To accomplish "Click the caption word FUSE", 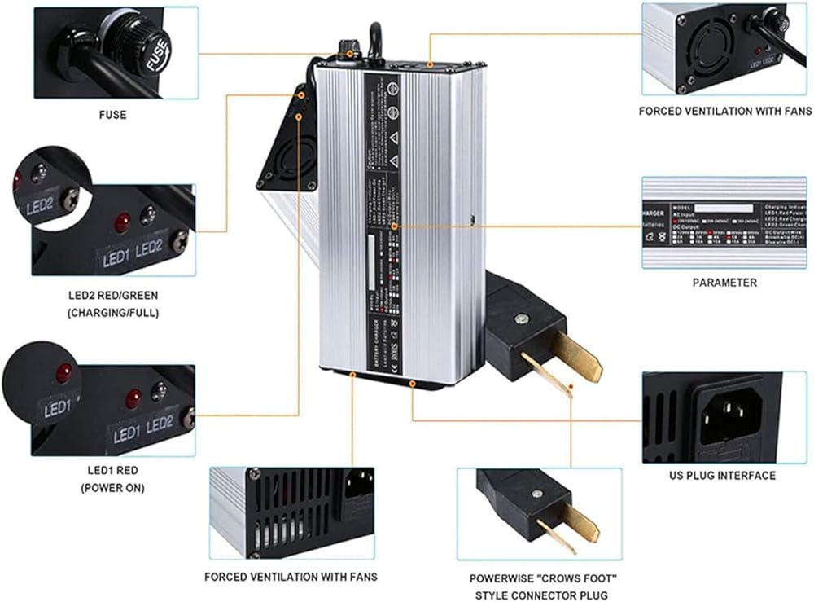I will [x=112, y=115].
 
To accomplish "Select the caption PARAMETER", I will [x=724, y=283].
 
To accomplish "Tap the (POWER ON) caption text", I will [x=112, y=488].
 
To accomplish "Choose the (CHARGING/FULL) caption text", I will [x=113, y=312].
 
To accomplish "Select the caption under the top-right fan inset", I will [x=725, y=111].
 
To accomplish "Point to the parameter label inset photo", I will [x=723, y=222].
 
